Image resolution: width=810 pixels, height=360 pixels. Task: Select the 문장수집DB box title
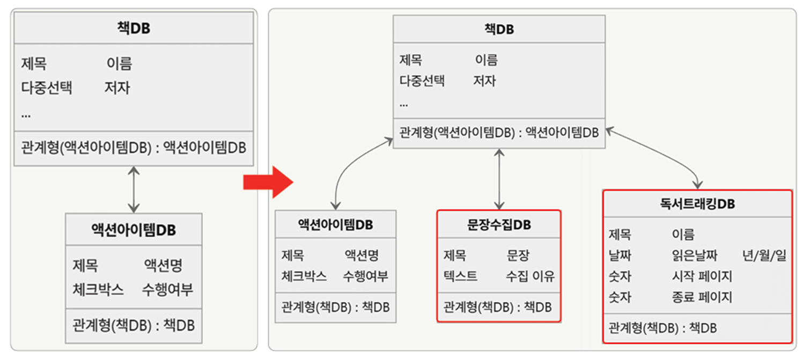(x=499, y=225)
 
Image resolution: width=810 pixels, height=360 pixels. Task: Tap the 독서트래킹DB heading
(x=697, y=204)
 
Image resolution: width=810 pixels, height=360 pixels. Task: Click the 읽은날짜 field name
(x=694, y=255)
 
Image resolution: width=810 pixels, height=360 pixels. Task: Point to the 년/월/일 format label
(x=764, y=255)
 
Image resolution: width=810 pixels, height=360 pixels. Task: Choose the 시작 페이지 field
(x=702, y=276)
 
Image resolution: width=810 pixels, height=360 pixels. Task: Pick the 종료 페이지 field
(x=702, y=297)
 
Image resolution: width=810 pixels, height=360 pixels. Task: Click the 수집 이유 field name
(x=530, y=276)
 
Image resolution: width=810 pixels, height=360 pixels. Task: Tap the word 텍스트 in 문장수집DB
(x=460, y=276)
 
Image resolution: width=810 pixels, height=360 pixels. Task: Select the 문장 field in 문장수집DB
(x=518, y=255)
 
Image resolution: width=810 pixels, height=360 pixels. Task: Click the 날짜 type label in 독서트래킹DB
(x=620, y=255)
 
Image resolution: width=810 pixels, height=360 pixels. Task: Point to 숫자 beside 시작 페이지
(x=620, y=276)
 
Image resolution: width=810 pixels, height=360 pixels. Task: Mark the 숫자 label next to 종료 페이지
(x=620, y=297)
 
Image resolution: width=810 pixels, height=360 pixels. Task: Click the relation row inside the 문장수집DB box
(x=497, y=307)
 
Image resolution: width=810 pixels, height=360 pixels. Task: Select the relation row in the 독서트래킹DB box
(x=663, y=328)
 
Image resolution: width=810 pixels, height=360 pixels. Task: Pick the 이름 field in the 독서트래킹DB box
(x=683, y=234)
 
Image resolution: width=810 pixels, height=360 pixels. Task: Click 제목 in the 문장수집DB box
(x=454, y=255)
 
